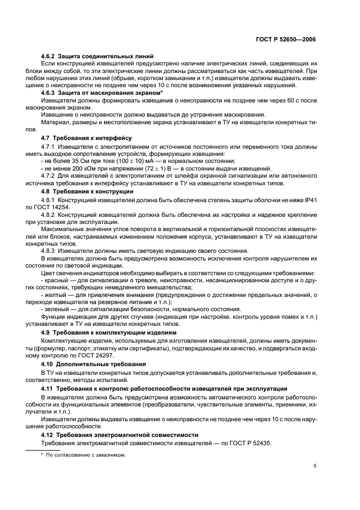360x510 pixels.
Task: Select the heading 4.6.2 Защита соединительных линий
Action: click(97, 57)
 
